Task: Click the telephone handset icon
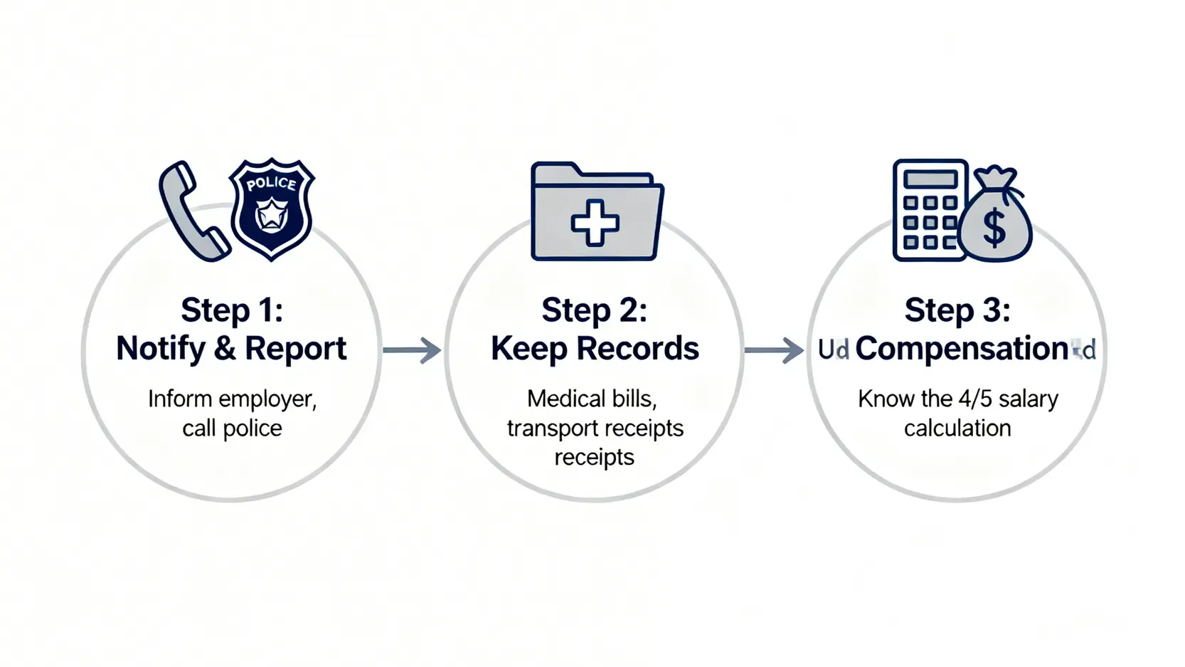point(192,212)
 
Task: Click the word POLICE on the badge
point(271,183)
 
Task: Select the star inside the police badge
point(271,216)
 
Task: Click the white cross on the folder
point(595,222)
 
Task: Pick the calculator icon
point(929,210)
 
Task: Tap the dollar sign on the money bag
point(994,227)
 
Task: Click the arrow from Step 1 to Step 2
point(412,350)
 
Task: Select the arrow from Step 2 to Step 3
point(774,350)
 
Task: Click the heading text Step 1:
point(232,310)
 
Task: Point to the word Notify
point(161,349)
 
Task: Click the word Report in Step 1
point(295,349)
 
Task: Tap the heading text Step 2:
point(595,310)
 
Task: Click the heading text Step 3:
point(957,310)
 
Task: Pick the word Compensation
point(962,349)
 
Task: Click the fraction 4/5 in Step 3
point(974,399)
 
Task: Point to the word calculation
point(957,429)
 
